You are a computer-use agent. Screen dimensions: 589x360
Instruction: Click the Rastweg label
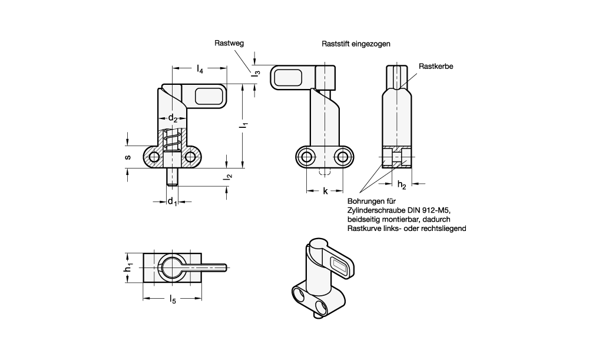pyautogui.click(x=229, y=43)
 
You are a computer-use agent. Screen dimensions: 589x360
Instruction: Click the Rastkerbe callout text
pyautogui.click(x=436, y=67)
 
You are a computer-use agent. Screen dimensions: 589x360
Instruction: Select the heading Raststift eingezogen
pyautogui.click(x=356, y=44)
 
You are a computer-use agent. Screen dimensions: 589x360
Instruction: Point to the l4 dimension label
pyautogui.click(x=200, y=69)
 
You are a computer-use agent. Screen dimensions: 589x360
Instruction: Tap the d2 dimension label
pyautogui.click(x=173, y=118)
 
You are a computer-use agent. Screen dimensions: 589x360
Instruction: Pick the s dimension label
pyautogui.click(x=128, y=157)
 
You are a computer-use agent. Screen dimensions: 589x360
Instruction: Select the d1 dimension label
pyautogui.click(x=172, y=202)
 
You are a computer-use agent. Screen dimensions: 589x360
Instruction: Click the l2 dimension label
pyautogui.click(x=228, y=176)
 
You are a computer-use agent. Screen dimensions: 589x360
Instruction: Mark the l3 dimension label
pyautogui.click(x=256, y=71)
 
